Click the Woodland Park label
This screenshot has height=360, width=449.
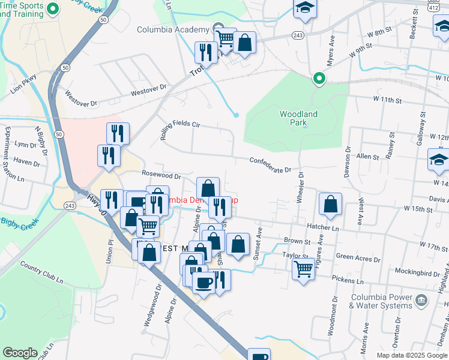point(298,118)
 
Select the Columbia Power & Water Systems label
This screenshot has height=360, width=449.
point(381,302)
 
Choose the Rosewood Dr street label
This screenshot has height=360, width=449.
point(161,176)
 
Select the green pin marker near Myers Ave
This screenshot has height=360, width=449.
point(320,79)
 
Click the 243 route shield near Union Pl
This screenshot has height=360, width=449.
point(71,206)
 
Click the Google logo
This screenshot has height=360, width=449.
point(20,353)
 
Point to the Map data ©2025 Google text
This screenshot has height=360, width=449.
point(412,355)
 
